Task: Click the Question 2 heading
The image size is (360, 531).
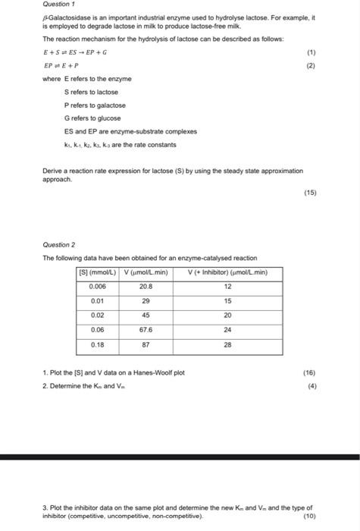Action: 59,245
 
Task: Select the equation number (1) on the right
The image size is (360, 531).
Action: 311,53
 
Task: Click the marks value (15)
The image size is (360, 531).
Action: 310,193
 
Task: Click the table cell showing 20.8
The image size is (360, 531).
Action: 146,287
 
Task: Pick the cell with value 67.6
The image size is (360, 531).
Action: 146,331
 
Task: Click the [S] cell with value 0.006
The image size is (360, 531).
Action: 97,287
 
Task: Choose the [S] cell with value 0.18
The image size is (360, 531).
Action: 97,345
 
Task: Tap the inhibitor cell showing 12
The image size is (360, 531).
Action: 227,287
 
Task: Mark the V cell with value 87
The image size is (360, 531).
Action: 146,345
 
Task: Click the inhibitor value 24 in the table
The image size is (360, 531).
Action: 227,331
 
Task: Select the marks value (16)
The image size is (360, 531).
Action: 309,372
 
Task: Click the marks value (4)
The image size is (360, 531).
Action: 311,385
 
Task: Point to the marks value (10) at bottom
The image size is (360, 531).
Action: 309,516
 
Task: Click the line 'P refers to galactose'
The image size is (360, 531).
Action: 95,105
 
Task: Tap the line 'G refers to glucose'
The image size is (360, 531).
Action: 92,118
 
